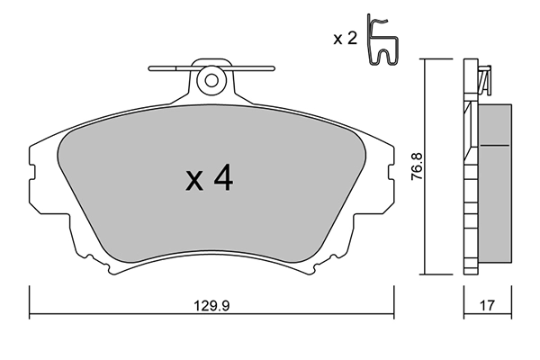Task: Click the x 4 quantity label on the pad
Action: pyautogui.click(x=210, y=179)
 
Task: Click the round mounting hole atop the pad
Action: pyautogui.click(x=211, y=79)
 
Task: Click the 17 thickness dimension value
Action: pyautogui.click(x=487, y=306)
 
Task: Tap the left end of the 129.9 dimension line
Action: pyautogui.click(x=31, y=314)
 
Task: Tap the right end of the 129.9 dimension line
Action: pyautogui.click(x=394, y=314)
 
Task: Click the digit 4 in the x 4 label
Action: pyautogui.click(x=224, y=179)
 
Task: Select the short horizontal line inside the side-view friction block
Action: pyautogui.click(x=494, y=145)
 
